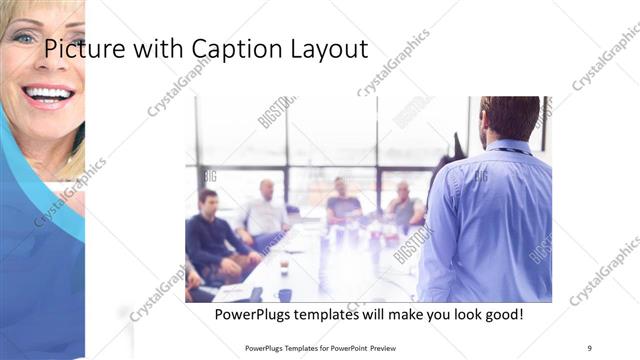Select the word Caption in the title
pyautogui.click(x=234, y=49)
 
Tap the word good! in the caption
pyautogui.click(x=501, y=315)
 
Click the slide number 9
pyautogui.click(x=590, y=348)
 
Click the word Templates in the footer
pyautogui.click(x=304, y=348)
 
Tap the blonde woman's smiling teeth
pyautogui.click(x=48, y=95)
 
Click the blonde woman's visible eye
pyautogui.click(x=22, y=38)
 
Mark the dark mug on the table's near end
pyautogui.click(x=285, y=295)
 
